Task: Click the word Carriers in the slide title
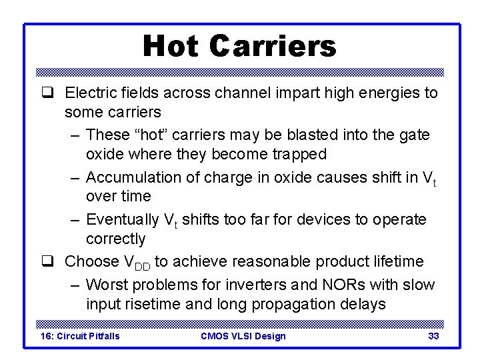click(x=272, y=46)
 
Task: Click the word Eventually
click(x=123, y=219)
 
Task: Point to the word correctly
click(x=115, y=239)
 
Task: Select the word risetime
click(x=154, y=304)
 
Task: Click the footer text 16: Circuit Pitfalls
click(x=80, y=336)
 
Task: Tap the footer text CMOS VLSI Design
click(x=243, y=336)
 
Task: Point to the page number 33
click(x=433, y=336)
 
